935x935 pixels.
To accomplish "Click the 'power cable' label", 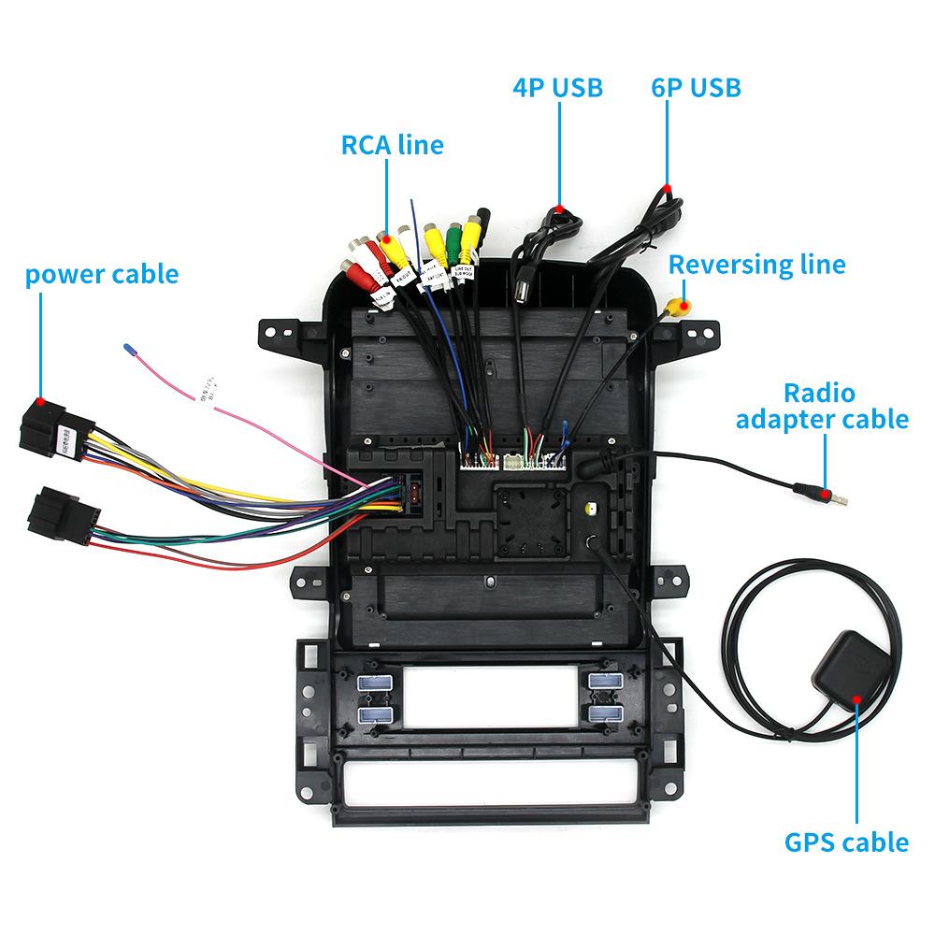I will pyautogui.click(x=101, y=274).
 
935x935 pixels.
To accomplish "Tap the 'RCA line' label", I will pyautogui.click(x=392, y=145).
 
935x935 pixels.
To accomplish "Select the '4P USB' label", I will pyautogui.click(x=557, y=88).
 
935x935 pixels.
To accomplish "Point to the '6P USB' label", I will pyautogui.click(x=696, y=88).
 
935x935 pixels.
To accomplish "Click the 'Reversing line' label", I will pyautogui.click(x=756, y=265).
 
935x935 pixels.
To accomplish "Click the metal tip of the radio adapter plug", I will pyautogui.click(x=841, y=498).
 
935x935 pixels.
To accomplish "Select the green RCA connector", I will pyautogui.click(x=454, y=239).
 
